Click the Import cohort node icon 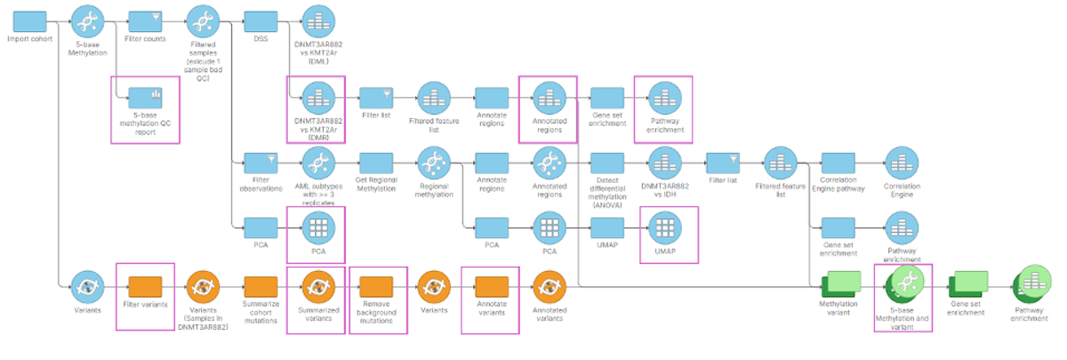29,20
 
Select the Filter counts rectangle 144,20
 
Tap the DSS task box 260,20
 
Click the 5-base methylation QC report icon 144,96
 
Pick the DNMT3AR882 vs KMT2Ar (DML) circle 318,20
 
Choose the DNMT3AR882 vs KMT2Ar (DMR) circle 318,96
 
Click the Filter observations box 260,163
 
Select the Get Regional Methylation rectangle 375,163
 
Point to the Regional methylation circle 433,163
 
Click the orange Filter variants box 144,286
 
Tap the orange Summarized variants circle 318,286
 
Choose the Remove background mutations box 375,286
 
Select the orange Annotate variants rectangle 491,286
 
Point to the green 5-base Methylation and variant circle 905,284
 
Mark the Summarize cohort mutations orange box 260,286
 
